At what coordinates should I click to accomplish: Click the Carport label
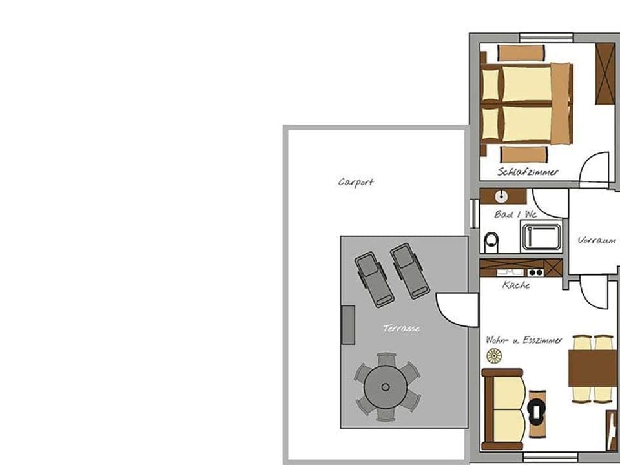356,182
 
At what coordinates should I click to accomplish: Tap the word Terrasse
401,329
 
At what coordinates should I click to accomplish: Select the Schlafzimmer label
528,172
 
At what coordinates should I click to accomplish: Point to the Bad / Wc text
515,214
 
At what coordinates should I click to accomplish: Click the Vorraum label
596,240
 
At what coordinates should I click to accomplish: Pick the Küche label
516,284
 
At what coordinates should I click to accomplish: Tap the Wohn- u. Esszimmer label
524,340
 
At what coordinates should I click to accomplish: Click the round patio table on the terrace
386,387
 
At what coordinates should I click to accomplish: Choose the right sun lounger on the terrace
409,271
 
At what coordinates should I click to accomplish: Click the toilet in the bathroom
491,242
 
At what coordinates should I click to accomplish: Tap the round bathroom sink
501,196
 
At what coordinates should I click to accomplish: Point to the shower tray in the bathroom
541,236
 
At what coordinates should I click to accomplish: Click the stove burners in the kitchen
535,273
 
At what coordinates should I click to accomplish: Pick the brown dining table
592,368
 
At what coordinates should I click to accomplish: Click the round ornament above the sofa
494,355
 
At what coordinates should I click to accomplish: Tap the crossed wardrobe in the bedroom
604,73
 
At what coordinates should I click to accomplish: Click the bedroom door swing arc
594,169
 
